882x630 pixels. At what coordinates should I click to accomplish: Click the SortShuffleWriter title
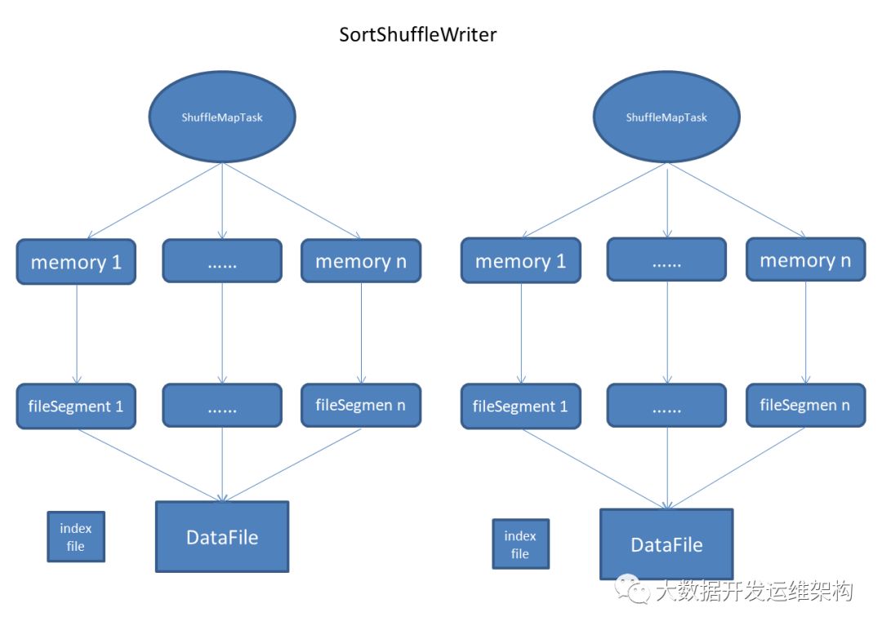click(417, 35)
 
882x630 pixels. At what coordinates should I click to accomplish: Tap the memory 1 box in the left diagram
click(75, 262)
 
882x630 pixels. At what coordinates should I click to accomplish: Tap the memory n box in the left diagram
click(361, 261)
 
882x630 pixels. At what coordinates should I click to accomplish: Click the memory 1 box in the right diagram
click(520, 261)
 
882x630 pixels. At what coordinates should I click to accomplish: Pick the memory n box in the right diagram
click(805, 260)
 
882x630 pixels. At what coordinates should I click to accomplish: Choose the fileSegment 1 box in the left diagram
click(75, 406)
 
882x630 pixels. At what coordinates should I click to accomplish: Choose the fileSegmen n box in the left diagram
click(361, 405)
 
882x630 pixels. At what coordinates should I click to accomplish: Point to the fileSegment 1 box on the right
click(520, 406)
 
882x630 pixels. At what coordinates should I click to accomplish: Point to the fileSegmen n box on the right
click(805, 405)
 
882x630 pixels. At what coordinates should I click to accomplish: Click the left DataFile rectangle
click(222, 537)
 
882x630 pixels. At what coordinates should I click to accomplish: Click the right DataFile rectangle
click(666, 544)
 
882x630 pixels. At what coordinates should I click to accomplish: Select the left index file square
click(76, 537)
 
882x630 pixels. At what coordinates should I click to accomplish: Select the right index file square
click(520, 544)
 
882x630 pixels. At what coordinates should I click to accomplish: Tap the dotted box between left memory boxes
click(222, 261)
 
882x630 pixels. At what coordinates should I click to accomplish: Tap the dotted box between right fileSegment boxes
click(666, 406)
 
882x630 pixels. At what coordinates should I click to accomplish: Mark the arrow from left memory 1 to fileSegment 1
click(76, 335)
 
